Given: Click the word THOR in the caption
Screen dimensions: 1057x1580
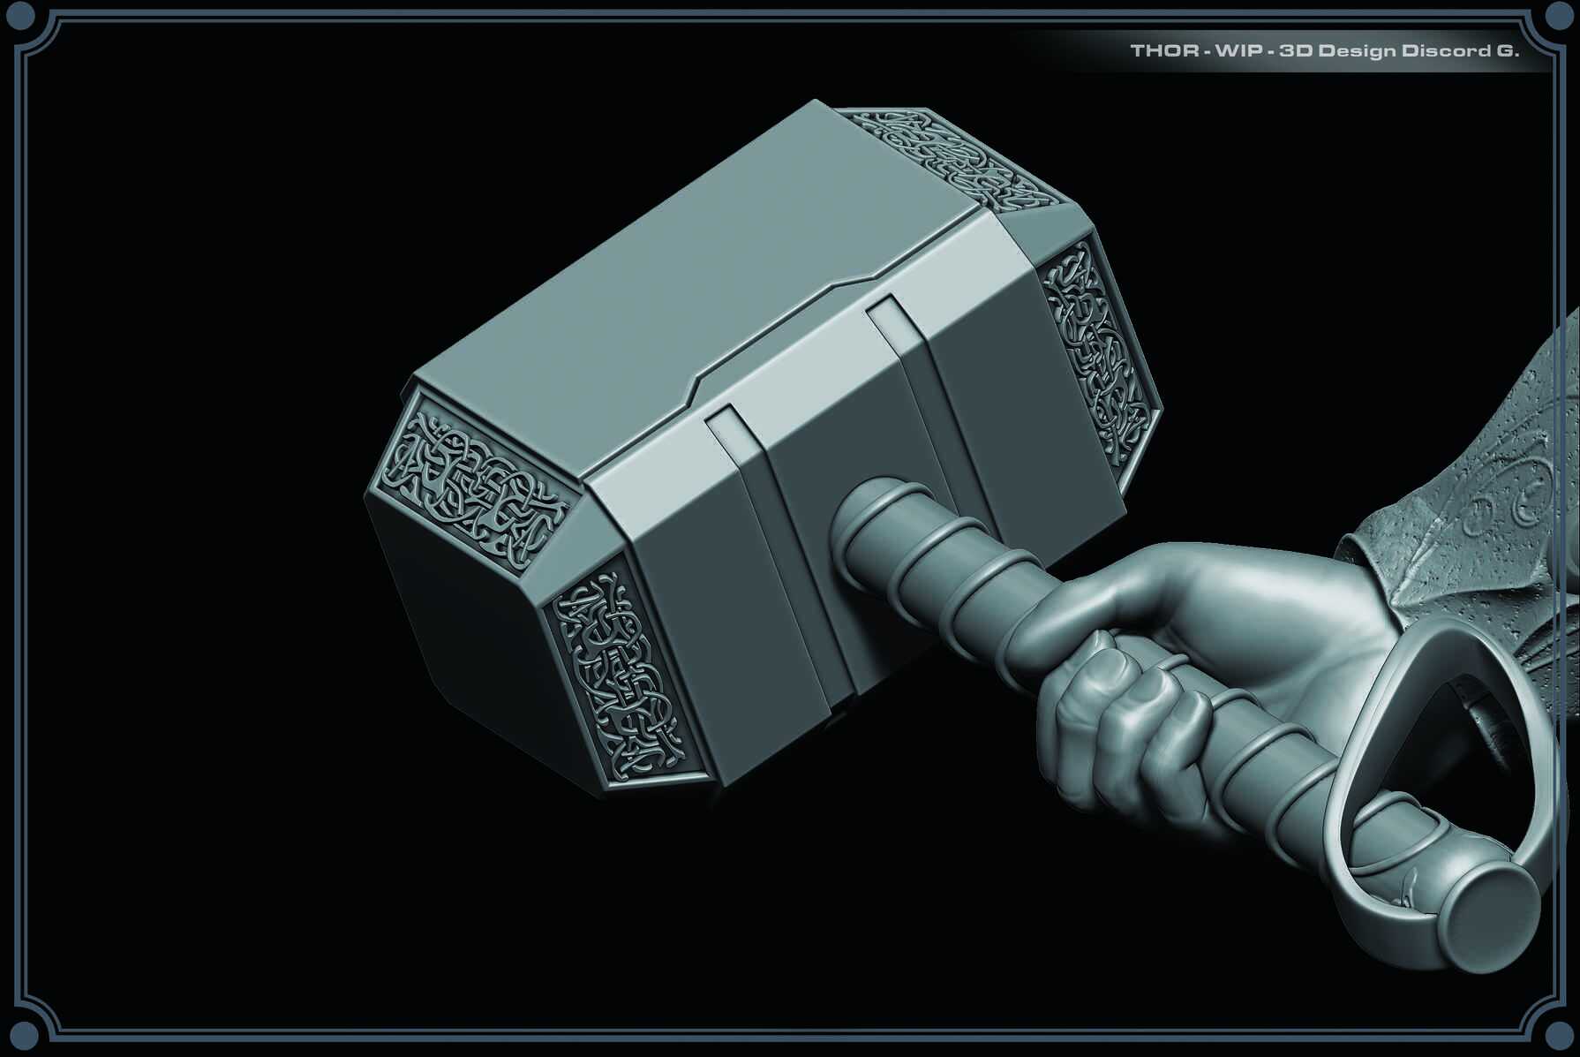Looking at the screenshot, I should pos(1163,51).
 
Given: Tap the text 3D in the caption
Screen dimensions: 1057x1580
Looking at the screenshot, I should pos(1294,51).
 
